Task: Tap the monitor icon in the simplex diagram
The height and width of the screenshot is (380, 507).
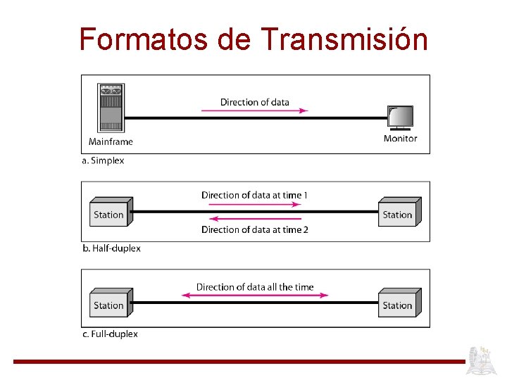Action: coord(400,118)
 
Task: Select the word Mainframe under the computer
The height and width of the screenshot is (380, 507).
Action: coord(111,141)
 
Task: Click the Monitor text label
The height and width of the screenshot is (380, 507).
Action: coord(400,139)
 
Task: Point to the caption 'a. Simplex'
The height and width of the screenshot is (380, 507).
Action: coord(103,160)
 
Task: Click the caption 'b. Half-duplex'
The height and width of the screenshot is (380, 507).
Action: coord(111,248)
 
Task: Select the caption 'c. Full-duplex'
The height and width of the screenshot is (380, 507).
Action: coord(110,334)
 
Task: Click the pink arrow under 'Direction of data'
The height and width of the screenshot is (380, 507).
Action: coord(254,110)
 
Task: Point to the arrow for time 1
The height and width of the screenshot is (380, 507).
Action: coord(254,205)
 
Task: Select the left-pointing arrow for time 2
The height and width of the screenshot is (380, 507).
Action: coord(254,219)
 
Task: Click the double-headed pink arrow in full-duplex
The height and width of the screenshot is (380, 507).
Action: coord(254,296)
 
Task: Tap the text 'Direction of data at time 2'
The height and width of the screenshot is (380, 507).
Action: coord(254,229)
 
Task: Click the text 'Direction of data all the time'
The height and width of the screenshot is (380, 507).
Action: coord(254,287)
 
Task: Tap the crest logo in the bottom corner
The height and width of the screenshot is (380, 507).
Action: coord(484,360)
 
